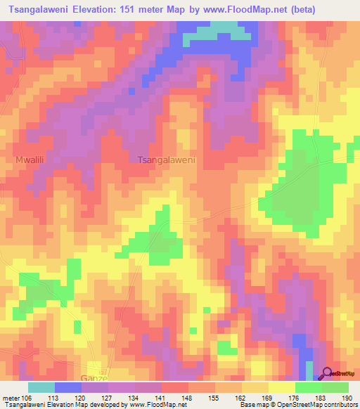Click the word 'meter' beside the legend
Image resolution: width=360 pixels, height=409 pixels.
tap(11, 398)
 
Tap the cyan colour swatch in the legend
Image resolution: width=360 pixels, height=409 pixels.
tap(41, 387)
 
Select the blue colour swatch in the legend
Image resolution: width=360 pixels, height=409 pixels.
tap(68, 387)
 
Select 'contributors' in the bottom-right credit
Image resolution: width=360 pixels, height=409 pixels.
tap(337, 405)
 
